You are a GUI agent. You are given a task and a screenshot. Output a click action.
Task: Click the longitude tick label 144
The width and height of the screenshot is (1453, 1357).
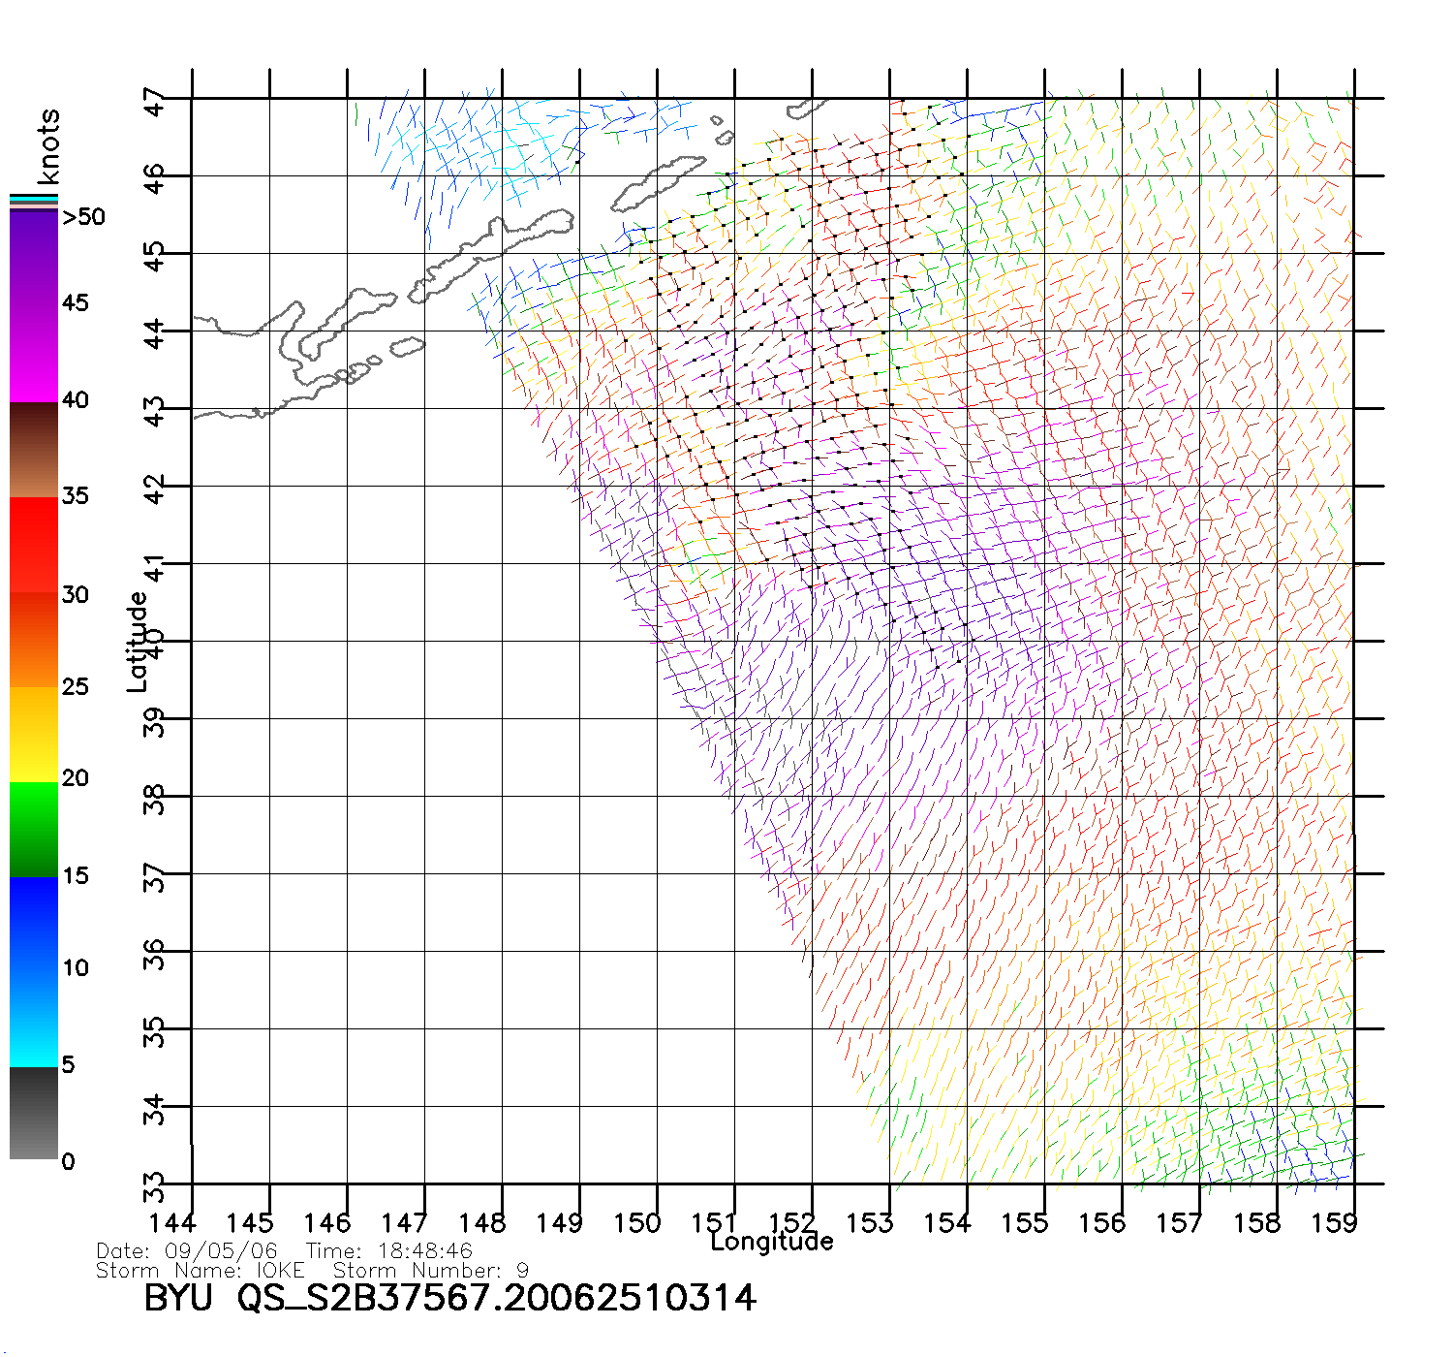[172, 1223]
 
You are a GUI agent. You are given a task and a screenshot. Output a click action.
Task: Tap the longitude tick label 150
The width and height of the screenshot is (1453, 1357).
[637, 1223]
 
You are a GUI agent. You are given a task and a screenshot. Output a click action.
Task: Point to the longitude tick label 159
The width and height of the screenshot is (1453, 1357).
[1335, 1223]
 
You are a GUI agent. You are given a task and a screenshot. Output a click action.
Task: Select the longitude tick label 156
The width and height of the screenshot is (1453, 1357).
[1102, 1223]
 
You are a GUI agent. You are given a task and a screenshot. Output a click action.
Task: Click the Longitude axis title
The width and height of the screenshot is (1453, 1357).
[772, 1242]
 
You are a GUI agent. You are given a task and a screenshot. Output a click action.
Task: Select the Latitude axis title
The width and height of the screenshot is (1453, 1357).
[138, 641]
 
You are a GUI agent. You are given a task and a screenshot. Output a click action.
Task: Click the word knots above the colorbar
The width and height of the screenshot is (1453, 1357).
[48, 146]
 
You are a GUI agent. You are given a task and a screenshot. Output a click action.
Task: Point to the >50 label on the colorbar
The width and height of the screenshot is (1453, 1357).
[83, 217]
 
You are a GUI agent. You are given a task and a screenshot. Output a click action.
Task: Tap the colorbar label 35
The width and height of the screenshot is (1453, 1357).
[75, 496]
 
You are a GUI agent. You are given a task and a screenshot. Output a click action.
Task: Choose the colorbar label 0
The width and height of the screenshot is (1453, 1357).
[68, 1161]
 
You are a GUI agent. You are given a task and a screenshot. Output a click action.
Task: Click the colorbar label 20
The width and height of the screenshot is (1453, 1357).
[75, 778]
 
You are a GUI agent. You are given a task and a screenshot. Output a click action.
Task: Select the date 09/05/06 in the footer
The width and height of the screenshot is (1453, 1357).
[221, 1251]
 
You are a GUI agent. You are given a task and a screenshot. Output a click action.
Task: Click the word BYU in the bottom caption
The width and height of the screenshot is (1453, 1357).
[178, 1298]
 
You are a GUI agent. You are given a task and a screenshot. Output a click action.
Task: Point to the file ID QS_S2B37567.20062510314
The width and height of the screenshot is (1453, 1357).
[496, 1299]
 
